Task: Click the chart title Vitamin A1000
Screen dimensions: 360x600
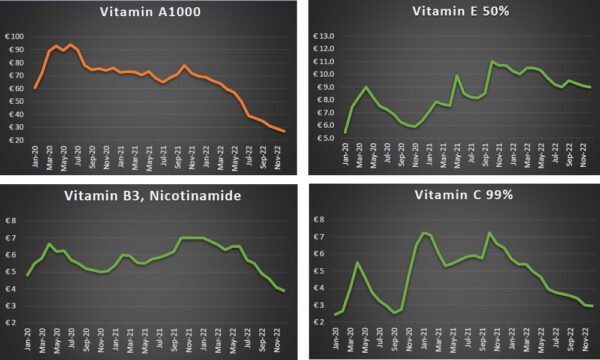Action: [x=147, y=13]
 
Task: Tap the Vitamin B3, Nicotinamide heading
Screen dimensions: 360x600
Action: [x=147, y=196]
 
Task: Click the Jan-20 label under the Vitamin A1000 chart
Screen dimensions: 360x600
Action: [x=35, y=157]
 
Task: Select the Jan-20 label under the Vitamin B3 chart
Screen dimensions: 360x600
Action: [x=28, y=341]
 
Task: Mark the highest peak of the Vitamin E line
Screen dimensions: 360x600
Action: [x=492, y=62]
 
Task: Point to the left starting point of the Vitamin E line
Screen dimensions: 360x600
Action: [x=346, y=132]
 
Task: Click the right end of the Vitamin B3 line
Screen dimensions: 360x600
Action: [x=284, y=291]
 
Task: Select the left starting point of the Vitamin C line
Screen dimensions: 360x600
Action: [x=335, y=315]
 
